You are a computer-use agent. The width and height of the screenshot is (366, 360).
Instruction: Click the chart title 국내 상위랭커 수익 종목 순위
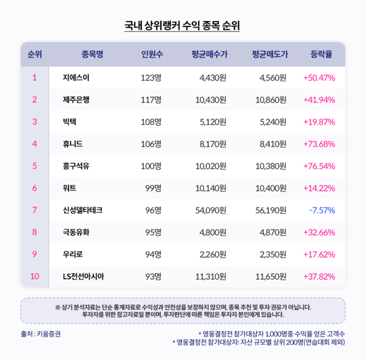coord(183,26)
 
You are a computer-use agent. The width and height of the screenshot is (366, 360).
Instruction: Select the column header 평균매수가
coord(210,55)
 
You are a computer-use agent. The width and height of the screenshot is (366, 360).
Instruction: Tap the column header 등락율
coord(321,55)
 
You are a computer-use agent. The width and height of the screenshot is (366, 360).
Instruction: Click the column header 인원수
coord(152,55)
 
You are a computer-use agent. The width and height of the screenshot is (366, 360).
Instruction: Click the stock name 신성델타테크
coord(84,211)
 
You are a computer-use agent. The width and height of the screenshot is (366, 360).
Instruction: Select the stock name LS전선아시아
coord(84,277)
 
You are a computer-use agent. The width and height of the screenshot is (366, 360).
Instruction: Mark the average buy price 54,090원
coord(210,211)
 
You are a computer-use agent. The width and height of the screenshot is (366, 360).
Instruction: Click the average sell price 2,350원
coord(272,255)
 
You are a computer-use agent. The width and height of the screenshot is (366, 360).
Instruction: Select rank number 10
coord(34,277)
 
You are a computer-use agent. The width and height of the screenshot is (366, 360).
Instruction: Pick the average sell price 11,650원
coord(270,277)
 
